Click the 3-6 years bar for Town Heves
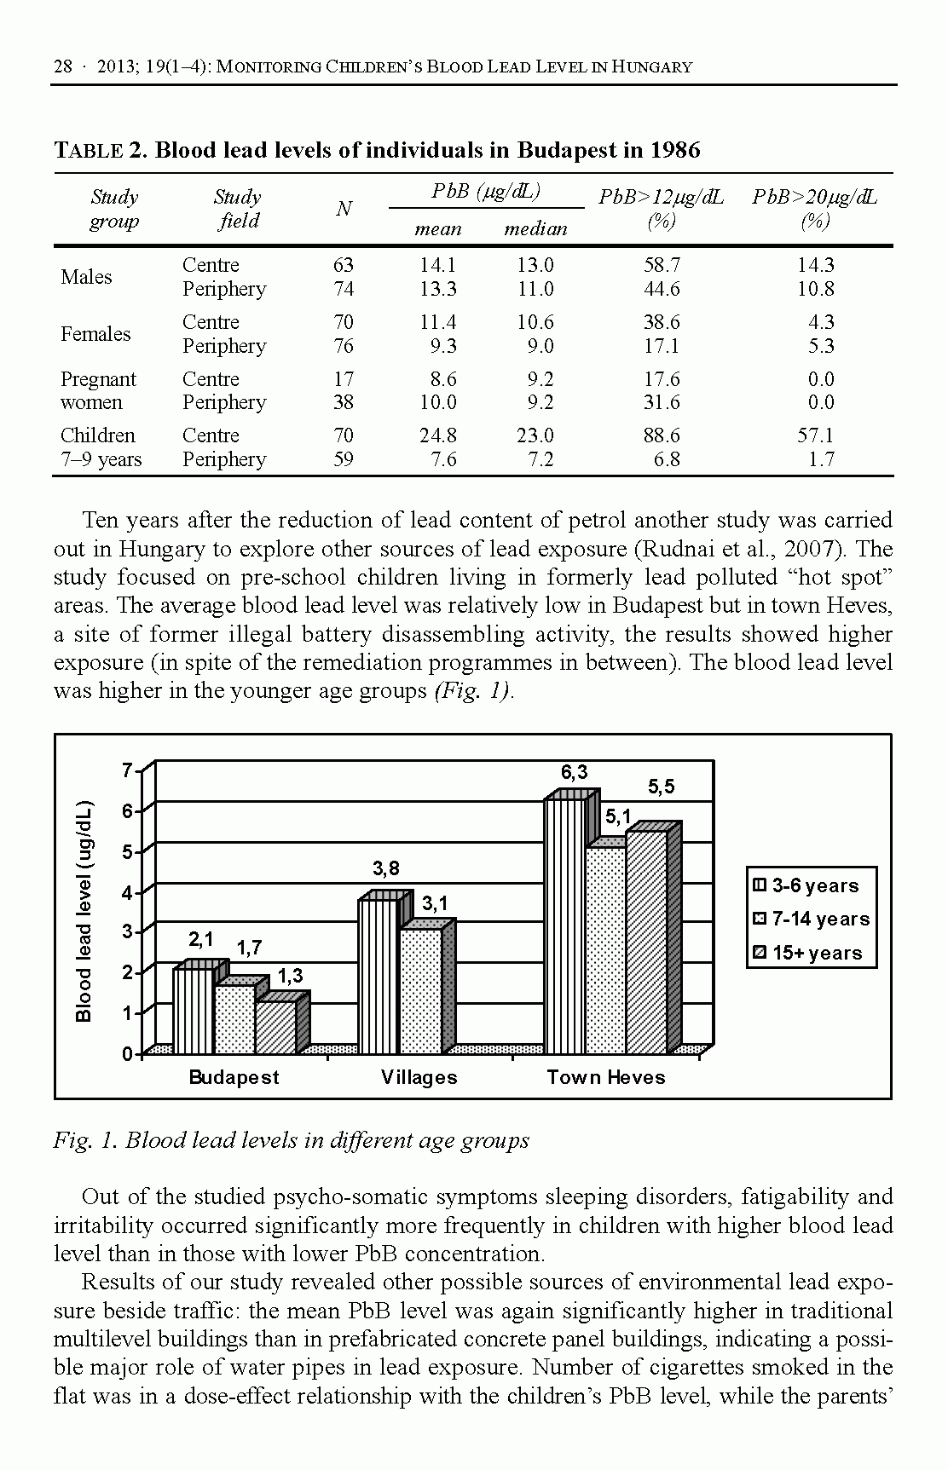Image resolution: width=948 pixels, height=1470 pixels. tap(565, 925)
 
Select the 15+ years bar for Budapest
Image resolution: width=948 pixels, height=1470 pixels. tap(275, 1027)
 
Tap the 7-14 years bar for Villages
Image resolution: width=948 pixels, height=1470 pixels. tap(420, 990)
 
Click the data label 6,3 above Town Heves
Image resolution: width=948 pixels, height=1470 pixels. tap(574, 773)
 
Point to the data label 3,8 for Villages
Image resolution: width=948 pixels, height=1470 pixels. tap(385, 869)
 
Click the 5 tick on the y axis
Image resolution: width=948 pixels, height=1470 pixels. tap(128, 852)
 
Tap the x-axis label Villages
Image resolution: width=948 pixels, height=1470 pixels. tap(419, 1078)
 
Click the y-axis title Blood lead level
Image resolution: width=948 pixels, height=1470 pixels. tap(84, 911)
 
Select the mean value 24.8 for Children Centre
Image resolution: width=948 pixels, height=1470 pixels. tap(437, 436)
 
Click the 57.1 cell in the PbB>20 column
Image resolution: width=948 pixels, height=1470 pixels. tap(815, 436)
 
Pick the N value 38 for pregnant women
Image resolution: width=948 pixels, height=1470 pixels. tap(344, 402)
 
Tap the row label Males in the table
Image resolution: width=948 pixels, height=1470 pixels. tap(86, 277)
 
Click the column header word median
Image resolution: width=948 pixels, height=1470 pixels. tap(535, 229)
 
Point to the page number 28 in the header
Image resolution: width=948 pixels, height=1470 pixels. tap(63, 66)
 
